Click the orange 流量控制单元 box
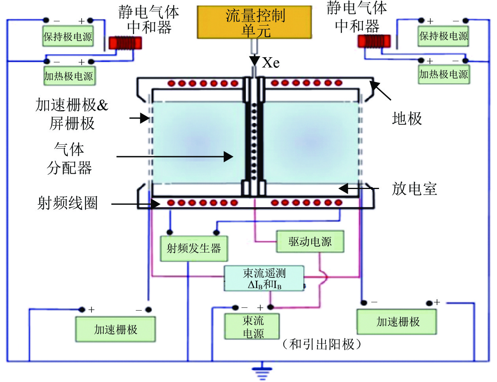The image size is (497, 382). tap(254, 22)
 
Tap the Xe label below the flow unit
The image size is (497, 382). tap(271, 63)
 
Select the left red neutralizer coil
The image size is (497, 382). tap(125, 43)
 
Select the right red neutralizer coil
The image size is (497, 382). tap(374, 41)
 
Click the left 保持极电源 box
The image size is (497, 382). tap(68, 37)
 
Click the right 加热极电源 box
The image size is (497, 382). tap(444, 74)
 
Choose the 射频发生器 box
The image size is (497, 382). tap(194, 249)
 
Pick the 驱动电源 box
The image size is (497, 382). tap(310, 242)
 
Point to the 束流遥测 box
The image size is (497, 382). tap(264, 279)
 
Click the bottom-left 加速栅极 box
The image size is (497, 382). tap(116, 330)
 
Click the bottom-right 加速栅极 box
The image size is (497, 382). tap(397, 322)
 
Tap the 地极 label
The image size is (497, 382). tap(407, 118)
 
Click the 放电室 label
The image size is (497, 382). tap(414, 189)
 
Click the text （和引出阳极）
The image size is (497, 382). tap(321, 344)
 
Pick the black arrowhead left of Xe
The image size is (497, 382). tap(254, 61)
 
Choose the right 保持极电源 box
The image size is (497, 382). tap(444, 36)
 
